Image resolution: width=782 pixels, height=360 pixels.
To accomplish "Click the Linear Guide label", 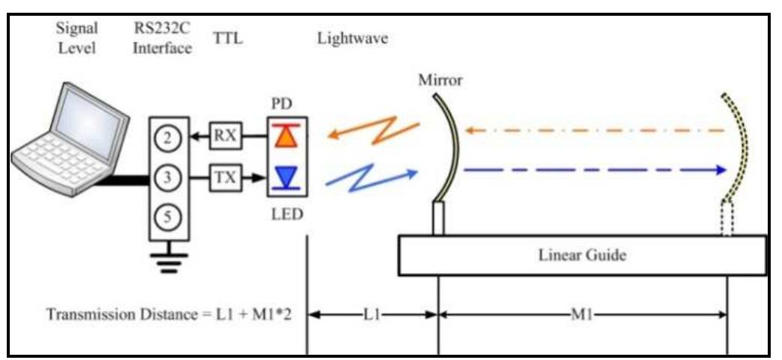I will coord(582,255).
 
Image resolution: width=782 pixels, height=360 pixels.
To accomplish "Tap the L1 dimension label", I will coord(372,314).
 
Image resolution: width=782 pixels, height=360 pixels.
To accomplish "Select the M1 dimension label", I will coord(582,314).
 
